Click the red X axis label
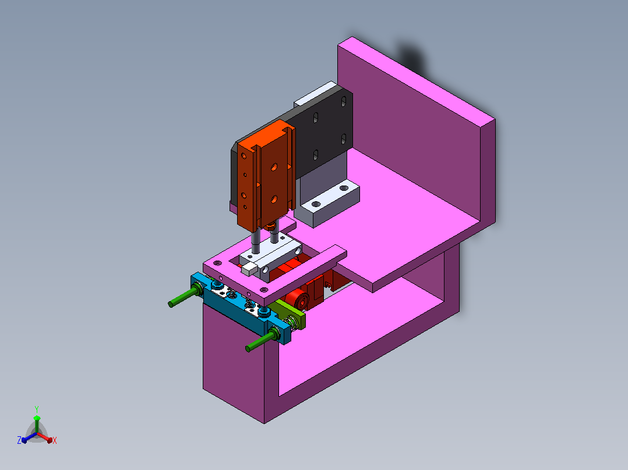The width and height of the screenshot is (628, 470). pos(55,440)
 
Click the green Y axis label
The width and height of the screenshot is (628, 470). pos(37,409)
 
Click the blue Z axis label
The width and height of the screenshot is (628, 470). pos(19,440)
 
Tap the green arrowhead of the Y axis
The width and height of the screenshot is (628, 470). pos(37,418)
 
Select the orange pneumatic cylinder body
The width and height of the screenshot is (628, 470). pos(266,176)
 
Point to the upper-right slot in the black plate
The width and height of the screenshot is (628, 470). pos(344,102)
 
